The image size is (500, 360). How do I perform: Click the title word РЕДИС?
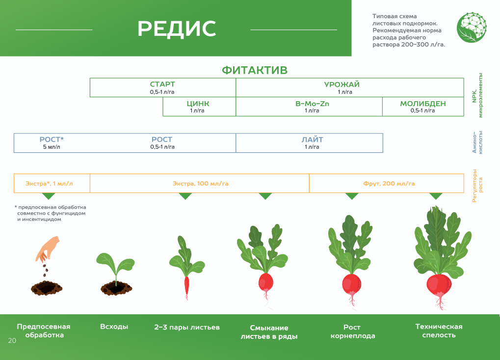[x=177, y=28]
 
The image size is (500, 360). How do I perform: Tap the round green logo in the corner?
[x=472, y=28]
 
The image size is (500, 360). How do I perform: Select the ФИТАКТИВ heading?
[x=255, y=70]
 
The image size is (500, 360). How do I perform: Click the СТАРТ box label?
[x=162, y=84]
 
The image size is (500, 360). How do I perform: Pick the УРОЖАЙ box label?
[x=342, y=84]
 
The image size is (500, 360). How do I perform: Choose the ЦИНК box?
[x=199, y=107]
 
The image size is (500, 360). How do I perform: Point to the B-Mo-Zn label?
[x=312, y=104]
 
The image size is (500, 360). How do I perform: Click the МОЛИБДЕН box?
[x=423, y=107]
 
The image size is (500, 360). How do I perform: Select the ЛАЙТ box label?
[x=312, y=139]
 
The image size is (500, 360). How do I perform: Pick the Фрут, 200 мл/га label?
[x=389, y=184]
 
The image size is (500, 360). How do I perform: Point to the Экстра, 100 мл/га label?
[x=200, y=184]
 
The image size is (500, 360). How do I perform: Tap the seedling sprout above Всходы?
[x=115, y=268]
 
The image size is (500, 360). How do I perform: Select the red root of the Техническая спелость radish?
[x=439, y=285]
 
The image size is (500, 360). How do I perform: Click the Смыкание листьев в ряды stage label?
[x=269, y=332]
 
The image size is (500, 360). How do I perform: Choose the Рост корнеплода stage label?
[x=352, y=332]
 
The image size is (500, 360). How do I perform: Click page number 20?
[x=12, y=340]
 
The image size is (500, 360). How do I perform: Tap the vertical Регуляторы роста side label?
[x=477, y=186]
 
